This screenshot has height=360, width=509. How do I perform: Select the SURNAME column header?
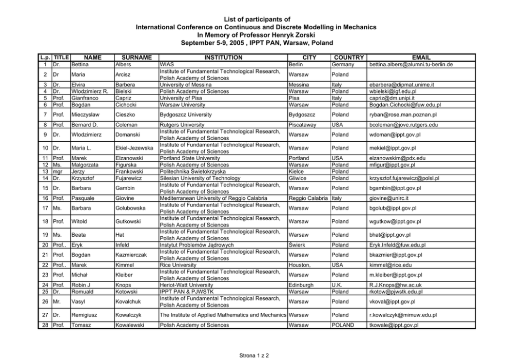133,58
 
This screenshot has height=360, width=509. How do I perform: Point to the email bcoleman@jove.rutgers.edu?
403,124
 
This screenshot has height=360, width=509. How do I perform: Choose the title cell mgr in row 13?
58,172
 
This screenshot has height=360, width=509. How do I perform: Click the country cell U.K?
338,285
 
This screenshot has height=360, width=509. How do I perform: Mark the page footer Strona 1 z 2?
254,355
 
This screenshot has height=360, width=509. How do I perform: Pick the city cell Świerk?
298,245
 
